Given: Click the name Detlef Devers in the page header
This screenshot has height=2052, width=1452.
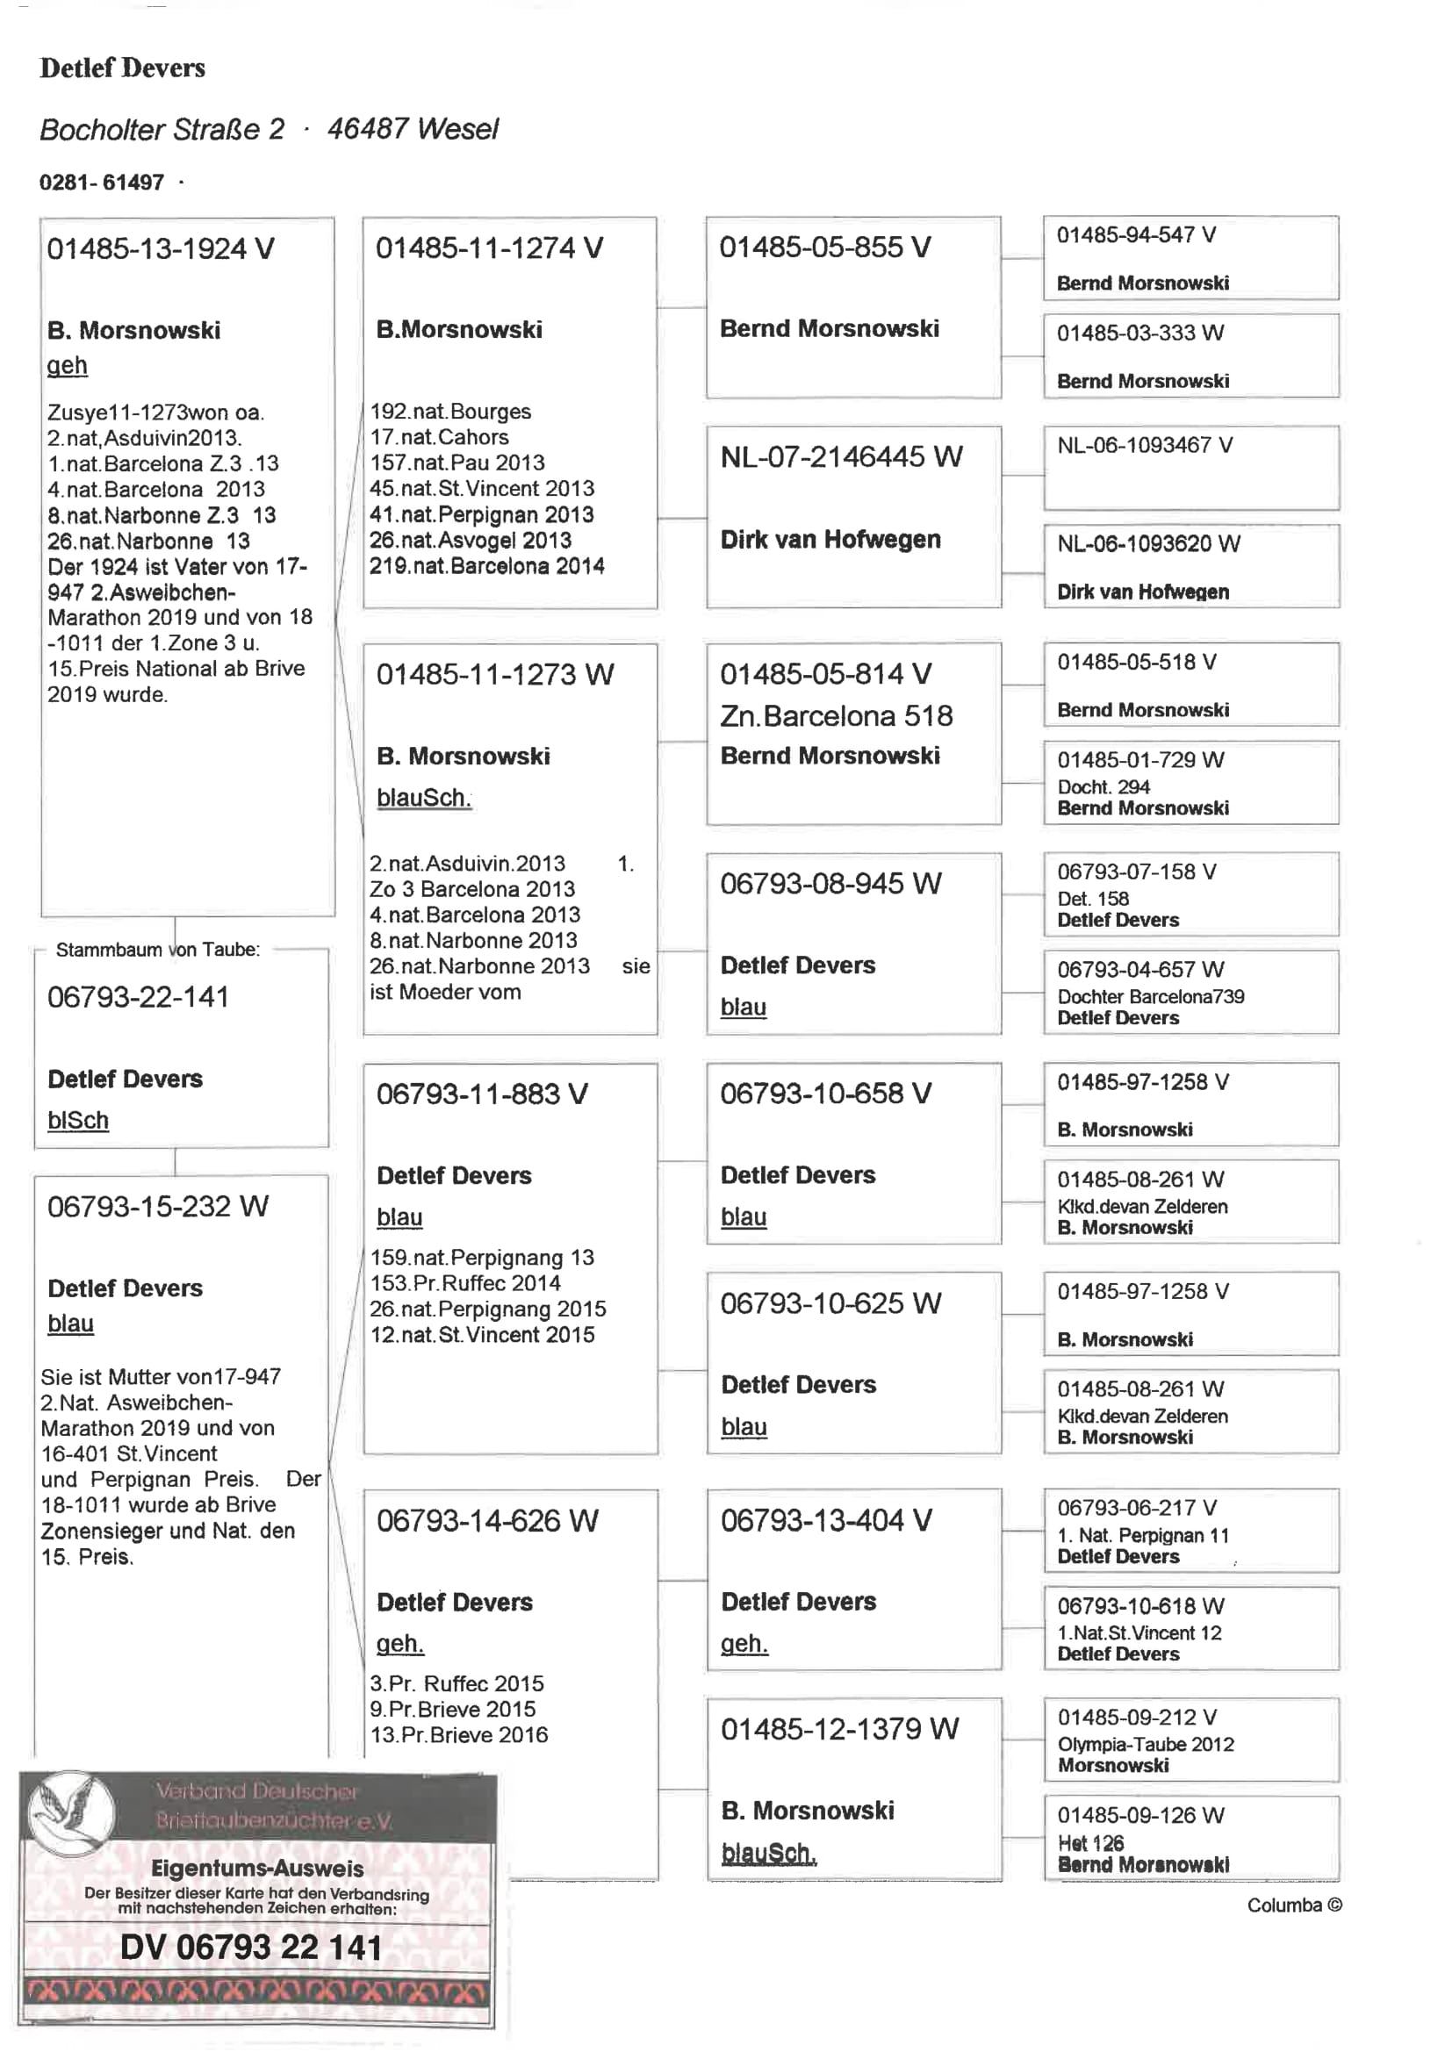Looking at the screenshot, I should pos(123,68).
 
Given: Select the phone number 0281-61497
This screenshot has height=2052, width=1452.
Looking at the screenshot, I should pos(102,183).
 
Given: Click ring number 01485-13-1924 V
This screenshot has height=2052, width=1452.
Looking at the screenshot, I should pos(160,248).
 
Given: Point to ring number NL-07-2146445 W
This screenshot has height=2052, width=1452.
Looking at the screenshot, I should pos(841,456).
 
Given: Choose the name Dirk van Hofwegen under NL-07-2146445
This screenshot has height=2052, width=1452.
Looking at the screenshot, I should pos(830,539).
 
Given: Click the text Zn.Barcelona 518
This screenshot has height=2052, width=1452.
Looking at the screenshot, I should pos(836,715).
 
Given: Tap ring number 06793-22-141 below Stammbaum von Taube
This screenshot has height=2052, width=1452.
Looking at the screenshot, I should pos(139,996).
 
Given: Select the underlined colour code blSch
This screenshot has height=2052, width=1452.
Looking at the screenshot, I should pos(78,1120).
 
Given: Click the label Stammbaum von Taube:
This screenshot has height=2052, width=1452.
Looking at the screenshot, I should pos(158,949).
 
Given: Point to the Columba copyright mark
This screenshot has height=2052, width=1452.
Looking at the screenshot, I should pos(1294,1905).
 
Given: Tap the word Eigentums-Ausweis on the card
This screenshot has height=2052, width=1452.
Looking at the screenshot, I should pos(257,1868).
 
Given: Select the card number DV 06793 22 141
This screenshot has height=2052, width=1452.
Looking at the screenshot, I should pos(251,1948).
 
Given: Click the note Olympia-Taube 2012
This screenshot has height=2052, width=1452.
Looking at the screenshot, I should pos(1146,1744).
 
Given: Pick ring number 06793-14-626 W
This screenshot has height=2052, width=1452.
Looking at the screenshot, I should pos(487,1520).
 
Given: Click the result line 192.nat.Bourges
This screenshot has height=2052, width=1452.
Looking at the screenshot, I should pos(450,411).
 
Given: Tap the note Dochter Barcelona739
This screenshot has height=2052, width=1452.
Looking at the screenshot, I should pos(1151,995).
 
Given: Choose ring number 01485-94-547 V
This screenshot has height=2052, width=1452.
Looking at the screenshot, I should pos(1135,235).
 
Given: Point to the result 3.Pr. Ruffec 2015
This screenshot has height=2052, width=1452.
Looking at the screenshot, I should pos(456,1682).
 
